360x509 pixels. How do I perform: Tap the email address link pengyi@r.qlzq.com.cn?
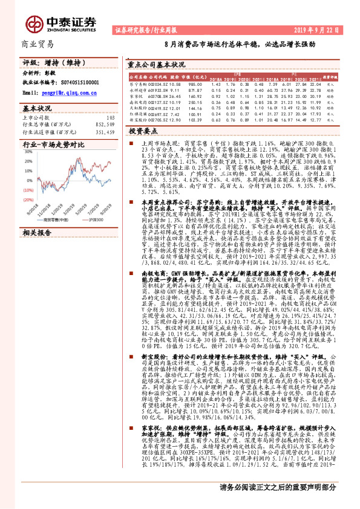(x=57, y=94)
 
